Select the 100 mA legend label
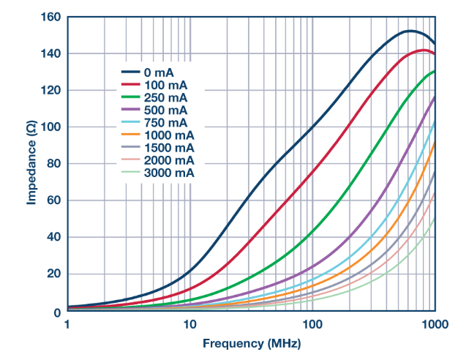(165, 85)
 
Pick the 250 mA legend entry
(165, 97)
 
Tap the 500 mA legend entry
(165, 110)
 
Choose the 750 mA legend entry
(165, 122)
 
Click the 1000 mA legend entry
(168, 135)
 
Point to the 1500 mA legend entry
(168, 147)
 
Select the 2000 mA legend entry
(168, 160)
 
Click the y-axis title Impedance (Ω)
(31, 163)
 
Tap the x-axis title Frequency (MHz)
(251, 342)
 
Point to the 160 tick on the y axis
(50, 17)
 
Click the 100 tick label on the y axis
(50, 127)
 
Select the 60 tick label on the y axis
(53, 200)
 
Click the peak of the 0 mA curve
(410, 31)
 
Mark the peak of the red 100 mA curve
(424, 50)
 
